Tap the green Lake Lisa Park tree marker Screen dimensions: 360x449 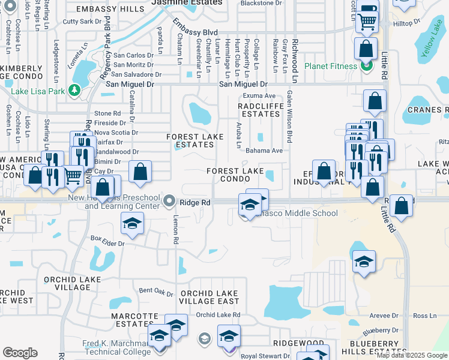click(74, 91)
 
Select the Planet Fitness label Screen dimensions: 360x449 click(331, 65)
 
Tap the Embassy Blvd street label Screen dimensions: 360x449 click(195, 28)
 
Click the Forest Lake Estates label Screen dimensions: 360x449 click(194, 140)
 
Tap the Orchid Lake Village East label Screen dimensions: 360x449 click(209, 297)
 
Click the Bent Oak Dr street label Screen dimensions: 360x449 click(156, 290)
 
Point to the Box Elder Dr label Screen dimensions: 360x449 click(107, 244)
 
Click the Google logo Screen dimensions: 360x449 click(20, 353)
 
